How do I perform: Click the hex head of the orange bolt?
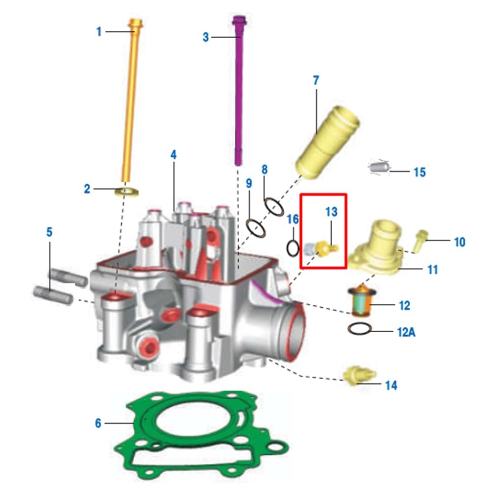[136, 23]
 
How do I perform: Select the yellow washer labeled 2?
[127, 192]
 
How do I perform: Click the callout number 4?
[173, 155]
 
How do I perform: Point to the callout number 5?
[49, 232]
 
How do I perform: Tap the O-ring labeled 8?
[274, 207]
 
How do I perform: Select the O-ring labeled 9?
[257, 228]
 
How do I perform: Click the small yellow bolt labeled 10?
[420, 240]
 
